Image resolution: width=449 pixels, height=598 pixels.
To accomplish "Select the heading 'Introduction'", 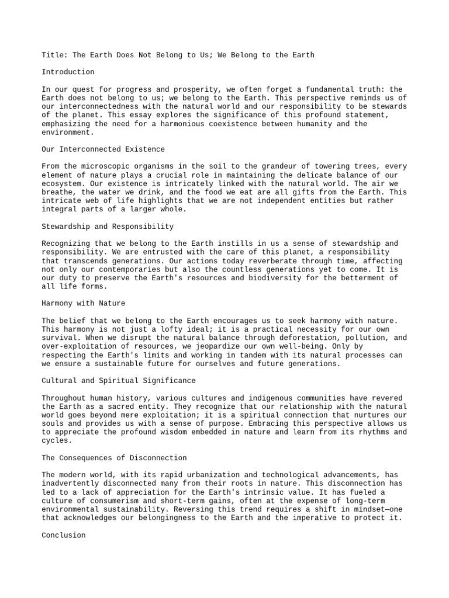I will pyautogui.click(x=68, y=72).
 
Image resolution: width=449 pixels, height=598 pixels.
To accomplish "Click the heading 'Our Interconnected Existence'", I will pyautogui.click(x=103, y=149).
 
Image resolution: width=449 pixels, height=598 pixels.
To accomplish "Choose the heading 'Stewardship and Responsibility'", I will pyautogui.click(x=108, y=227).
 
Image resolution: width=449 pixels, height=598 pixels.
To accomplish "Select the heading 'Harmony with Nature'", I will pyautogui.click(x=84, y=304).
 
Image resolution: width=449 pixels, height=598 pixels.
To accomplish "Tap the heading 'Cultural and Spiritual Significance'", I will pyautogui.click(x=119, y=381).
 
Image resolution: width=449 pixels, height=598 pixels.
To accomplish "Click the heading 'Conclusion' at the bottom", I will pyautogui.click(x=64, y=535).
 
